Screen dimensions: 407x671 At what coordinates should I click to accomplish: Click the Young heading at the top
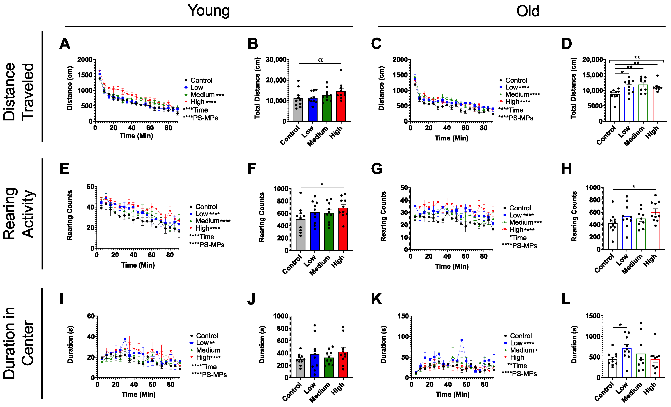[209, 11]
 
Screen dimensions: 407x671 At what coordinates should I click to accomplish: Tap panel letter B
[252, 44]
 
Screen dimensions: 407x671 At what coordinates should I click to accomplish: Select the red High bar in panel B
[341, 107]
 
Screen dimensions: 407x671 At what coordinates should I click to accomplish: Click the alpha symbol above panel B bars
[320, 60]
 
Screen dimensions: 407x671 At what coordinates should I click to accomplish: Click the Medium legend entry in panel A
[203, 95]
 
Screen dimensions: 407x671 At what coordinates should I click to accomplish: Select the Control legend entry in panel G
[520, 208]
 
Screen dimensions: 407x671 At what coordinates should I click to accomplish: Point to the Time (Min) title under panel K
[453, 394]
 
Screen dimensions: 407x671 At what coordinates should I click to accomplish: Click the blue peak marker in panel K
[462, 340]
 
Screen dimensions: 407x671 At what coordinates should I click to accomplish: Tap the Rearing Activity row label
[19, 214]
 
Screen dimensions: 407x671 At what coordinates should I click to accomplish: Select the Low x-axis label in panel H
[622, 260]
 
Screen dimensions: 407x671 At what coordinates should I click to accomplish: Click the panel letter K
[376, 299]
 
